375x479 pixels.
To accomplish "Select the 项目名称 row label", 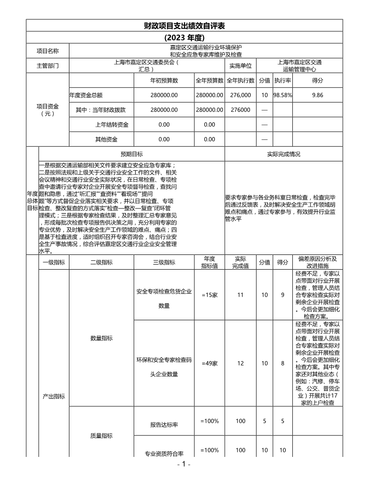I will tap(48, 51).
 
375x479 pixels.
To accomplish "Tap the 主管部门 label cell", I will tap(48, 66).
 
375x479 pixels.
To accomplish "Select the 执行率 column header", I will tap(282, 81).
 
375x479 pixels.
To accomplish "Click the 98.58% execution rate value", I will tap(282, 95).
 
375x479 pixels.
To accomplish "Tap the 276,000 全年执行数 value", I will tap(240, 95).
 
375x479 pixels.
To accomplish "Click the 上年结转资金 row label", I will tap(112, 125).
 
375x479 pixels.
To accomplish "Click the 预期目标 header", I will tap(132, 154).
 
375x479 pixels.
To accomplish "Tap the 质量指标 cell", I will tap(101, 435).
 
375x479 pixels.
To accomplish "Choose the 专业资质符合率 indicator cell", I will tap(164, 454).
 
